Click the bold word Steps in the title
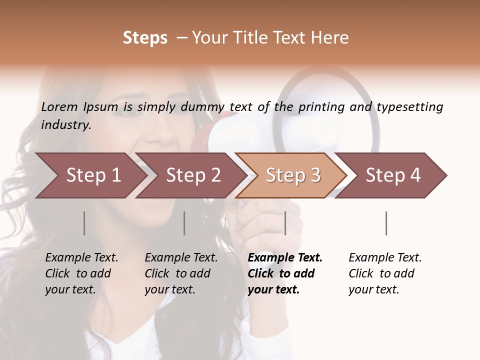pyautogui.click(x=145, y=38)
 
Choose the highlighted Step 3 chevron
pyautogui.click(x=293, y=175)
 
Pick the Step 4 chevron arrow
pyautogui.click(x=393, y=175)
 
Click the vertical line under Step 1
pyautogui.click(x=84, y=223)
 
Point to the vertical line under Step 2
pyautogui.click(x=184, y=223)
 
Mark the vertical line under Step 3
pyautogui.click(x=285, y=223)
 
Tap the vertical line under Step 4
pyautogui.click(x=386, y=223)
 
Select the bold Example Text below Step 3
pyautogui.click(x=285, y=273)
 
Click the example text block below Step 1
pyautogui.click(x=81, y=273)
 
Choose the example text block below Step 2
pyautogui.click(x=181, y=273)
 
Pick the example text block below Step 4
pyautogui.click(x=385, y=273)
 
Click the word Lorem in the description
pyautogui.click(x=59, y=106)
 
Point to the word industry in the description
pyautogui.click(x=66, y=124)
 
